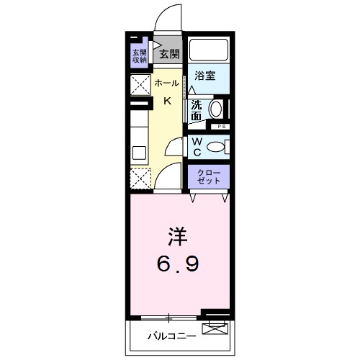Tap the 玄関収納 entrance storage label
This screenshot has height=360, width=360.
[139, 55]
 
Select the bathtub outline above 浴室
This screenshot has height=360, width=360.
[209, 50]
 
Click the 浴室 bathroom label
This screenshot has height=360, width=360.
[205, 76]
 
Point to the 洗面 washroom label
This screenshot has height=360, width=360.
[197, 108]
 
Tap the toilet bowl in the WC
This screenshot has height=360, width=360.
[217, 147]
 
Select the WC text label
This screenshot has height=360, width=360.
[197, 147]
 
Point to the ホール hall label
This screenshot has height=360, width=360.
[167, 84]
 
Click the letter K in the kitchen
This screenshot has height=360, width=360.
[167, 101]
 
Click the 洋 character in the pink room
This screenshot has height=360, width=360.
[178, 236]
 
